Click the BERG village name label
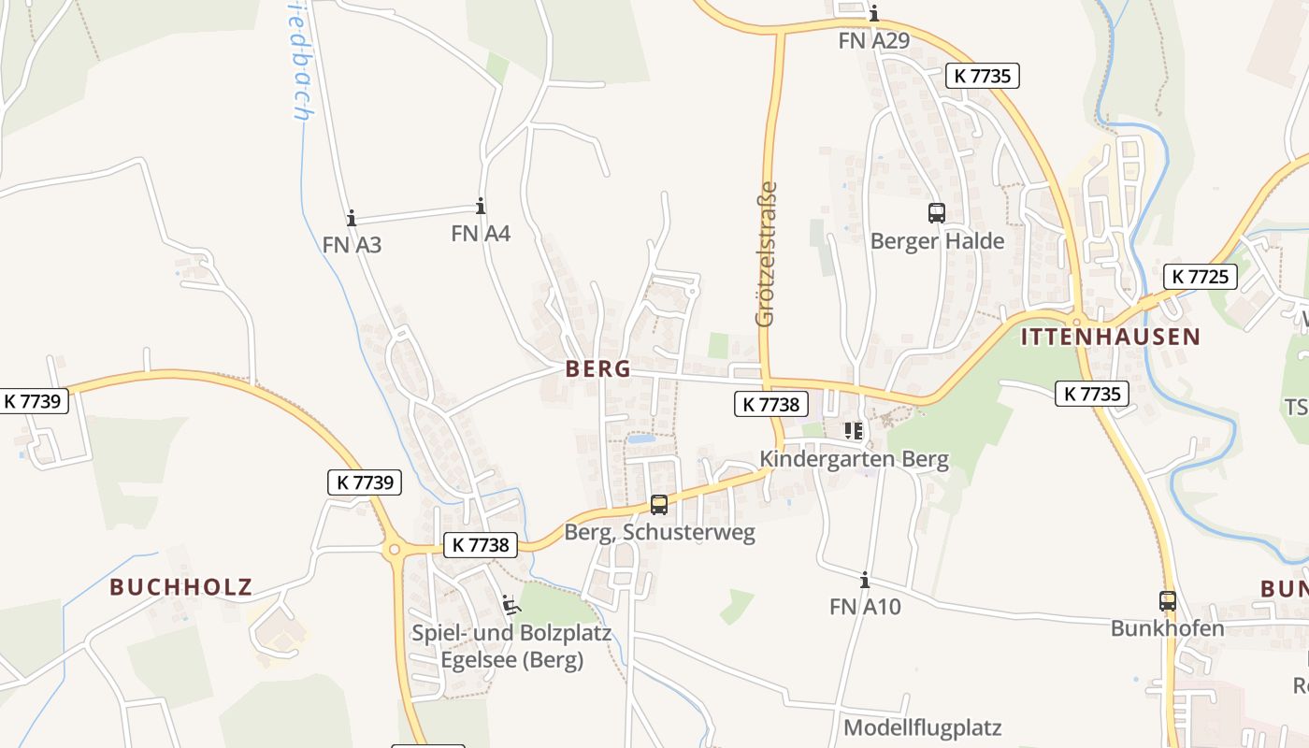pos(598,369)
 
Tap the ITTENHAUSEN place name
pos(1110,338)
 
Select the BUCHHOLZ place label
pos(181,587)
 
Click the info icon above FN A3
pos(352,219)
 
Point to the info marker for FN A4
pos(481,207)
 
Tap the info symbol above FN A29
pos(874,14)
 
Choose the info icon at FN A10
pos(865,581)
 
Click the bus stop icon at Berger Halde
pos(937,213)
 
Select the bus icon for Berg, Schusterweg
pos(659,505)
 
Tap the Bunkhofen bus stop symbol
pos(1168,601)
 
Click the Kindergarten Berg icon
pos(853,431)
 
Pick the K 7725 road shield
pos(1201,277)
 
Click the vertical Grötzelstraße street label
pos(766,253)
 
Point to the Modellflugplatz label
pos(922,727)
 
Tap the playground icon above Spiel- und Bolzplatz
pos(511,605)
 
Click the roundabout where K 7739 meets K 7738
pos(394,550)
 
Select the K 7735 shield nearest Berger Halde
pos(982,76)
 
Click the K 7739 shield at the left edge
pos(32,401)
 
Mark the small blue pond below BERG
pos(641,439)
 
